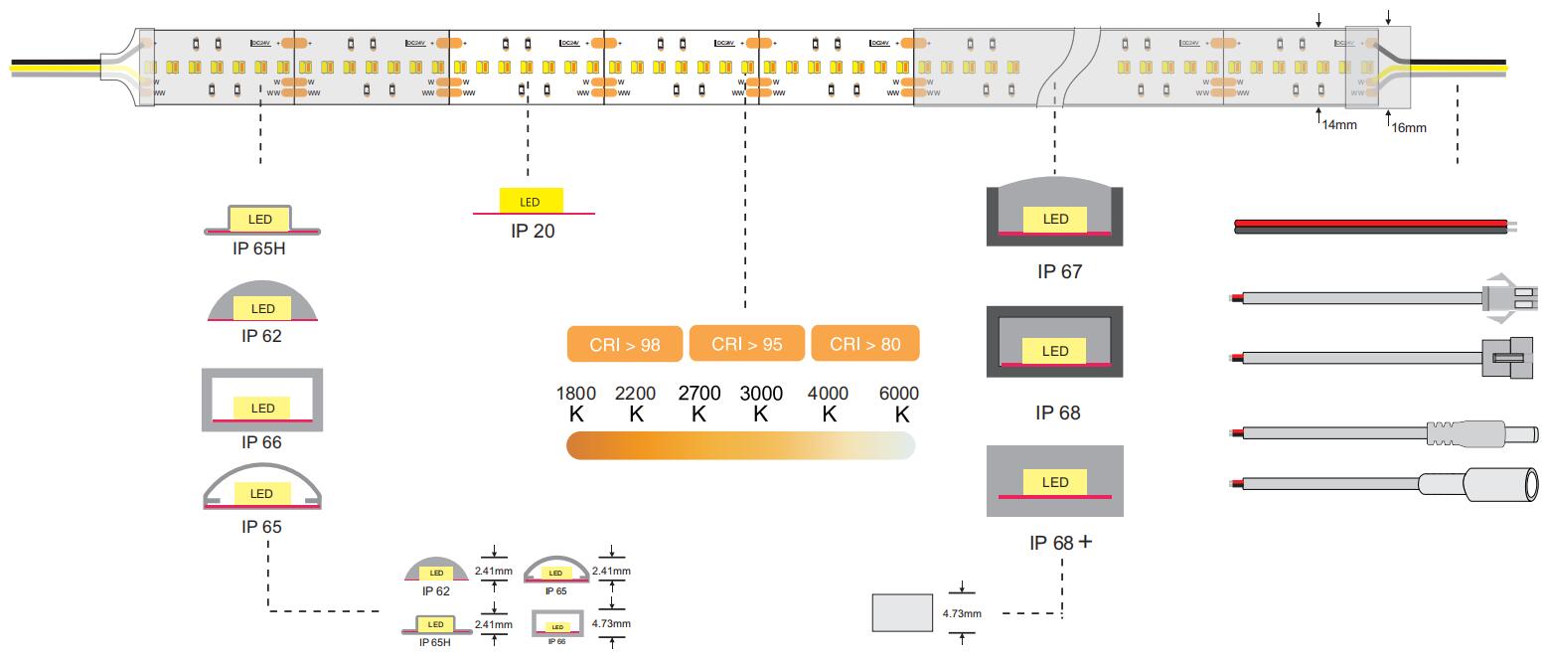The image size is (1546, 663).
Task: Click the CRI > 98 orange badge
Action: coord(626,344)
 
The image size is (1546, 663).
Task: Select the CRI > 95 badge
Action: coord(747,344)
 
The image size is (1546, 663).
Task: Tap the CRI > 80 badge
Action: coord(865,344)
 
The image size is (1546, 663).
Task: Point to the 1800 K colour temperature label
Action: coord(576,404)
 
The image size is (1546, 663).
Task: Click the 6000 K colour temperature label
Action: coord(899,404)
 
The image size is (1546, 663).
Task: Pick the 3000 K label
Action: coord(761,404)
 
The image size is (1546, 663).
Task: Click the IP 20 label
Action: coord(533,232)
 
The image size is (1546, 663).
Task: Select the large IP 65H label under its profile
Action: coord(258,249)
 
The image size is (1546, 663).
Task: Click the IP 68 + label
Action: coord(1060,543)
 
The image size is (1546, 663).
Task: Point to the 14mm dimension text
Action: coord(1338,125)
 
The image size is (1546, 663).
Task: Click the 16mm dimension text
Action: coord(1408,128)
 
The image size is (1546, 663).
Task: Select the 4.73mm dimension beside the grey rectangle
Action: coord(962,613)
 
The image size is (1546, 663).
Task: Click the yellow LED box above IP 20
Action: coord(531,202)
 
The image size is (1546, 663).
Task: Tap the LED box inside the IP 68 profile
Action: coord(1055,351)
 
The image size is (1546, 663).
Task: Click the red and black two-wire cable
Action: coord(1371,226)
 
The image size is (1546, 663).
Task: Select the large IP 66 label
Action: coord(261,442)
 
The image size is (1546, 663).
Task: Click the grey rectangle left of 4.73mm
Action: coord(902,613)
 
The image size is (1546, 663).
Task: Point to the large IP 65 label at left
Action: coord(261,527)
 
